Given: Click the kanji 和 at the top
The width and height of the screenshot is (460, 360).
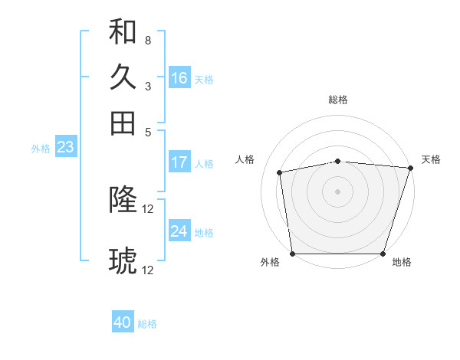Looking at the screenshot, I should (x=123, y=32).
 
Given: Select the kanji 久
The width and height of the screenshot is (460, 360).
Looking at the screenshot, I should (x=123, y=77).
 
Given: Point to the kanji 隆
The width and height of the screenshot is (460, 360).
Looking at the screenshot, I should (x=123, y=201).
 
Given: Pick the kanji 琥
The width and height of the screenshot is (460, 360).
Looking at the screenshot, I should (x=123, y=261).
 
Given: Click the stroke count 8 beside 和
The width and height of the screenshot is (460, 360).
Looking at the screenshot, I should (x=147, y=40).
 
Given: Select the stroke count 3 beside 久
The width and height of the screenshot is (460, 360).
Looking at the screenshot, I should (x=147, y=85).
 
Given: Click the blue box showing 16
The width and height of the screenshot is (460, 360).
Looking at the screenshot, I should (x=179, y=78).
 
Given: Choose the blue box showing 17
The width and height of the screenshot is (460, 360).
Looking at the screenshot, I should (x=179, y=162).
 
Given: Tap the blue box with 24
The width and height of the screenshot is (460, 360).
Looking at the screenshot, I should (x=179, y=231).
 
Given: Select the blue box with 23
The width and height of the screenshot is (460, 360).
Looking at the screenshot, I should (x=64, y=148).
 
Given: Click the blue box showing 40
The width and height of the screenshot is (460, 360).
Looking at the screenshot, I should (x=123, y=322).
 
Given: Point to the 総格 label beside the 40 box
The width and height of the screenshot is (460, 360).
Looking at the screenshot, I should (x=147, y=324).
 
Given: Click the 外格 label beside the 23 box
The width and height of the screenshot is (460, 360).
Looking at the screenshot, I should (x=41, y=149).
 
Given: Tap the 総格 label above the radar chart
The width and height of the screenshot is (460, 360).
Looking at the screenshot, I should (x=338, y=100).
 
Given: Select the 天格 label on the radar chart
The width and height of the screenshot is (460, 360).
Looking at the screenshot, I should (x=431, y=159).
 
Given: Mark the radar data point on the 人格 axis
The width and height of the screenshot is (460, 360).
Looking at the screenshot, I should (x=281, y=172).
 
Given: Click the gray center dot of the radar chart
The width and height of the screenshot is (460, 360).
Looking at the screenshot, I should (x=338, y=191).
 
